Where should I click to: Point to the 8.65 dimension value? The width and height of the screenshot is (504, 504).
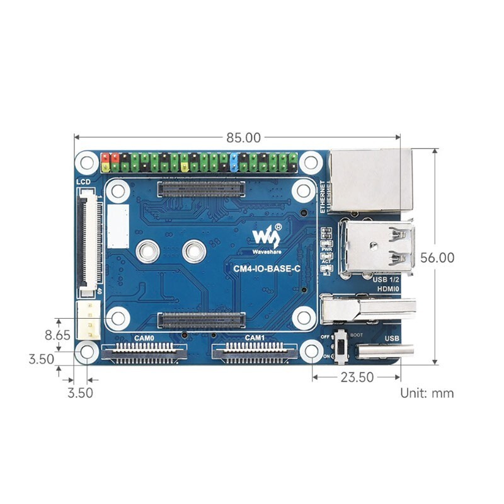[59, 335]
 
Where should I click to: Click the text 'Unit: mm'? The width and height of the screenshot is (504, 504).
[427, 393]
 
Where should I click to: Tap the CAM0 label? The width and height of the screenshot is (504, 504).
[145, 339]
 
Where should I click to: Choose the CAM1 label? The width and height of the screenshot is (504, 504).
[255, 339]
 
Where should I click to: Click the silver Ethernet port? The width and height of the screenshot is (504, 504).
[370, 180]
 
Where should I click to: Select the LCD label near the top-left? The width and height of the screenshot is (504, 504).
[83, 182]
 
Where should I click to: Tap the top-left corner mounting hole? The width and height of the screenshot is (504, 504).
[86, 162]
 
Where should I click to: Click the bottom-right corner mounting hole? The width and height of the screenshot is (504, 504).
[311, 352]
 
